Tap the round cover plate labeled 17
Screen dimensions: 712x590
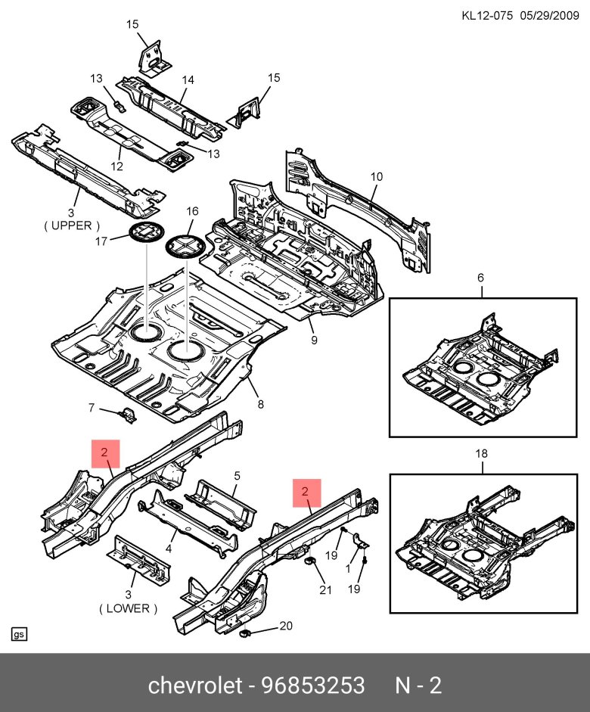pyautogui.click(x=145, y=233)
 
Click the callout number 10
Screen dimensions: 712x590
pyautogui.click(x=377, y=177)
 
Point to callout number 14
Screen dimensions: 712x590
pyautogui.click(x=188, y=79)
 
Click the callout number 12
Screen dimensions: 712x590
pyautogui.click(x=117, y=166)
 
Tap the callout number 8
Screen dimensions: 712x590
pyautogui.click(x=260, y=405)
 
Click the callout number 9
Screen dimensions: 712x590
pyautogui.click(x=313, y=340)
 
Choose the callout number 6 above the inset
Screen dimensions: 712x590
pyautogui.click(x=480, y=278)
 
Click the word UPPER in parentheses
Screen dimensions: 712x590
pyautogui.click(x=72, y=225)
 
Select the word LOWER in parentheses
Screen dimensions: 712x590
pyautogui.click(x=128, y=608)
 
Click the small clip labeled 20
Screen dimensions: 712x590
pyautogui.click(x=245, y=633)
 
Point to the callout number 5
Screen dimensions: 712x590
pyautogui.click(x=237, y=476)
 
